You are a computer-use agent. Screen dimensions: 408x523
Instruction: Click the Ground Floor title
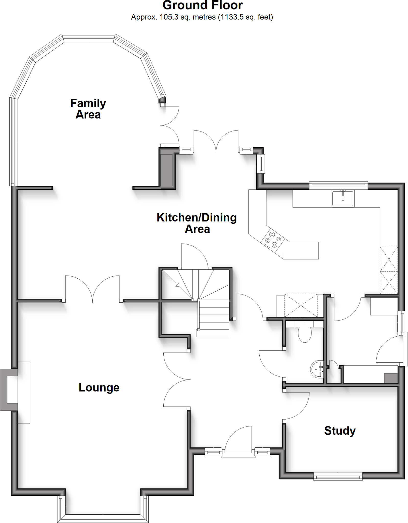coord(202,5)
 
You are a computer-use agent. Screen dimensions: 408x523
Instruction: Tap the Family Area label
coord(88,109)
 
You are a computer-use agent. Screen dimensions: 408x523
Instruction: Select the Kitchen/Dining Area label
coord(197,223)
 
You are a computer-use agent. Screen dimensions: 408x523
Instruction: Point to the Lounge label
coord(99,387)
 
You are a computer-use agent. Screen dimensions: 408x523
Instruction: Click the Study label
coord(340,431)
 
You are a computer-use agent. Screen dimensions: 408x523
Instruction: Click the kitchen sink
coord(343,198)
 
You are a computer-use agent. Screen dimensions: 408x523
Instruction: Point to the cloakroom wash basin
coord(317,369)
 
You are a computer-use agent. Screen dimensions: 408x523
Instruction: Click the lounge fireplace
coord(9,390)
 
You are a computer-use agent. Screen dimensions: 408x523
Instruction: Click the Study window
coord(338,476)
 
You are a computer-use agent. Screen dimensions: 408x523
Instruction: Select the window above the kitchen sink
coord(338,185)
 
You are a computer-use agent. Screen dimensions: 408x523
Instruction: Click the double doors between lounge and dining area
coord(92,289)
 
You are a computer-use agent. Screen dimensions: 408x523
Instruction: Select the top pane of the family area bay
coord(89,38)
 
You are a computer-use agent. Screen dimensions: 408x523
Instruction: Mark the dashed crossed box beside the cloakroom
coord(301,305)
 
